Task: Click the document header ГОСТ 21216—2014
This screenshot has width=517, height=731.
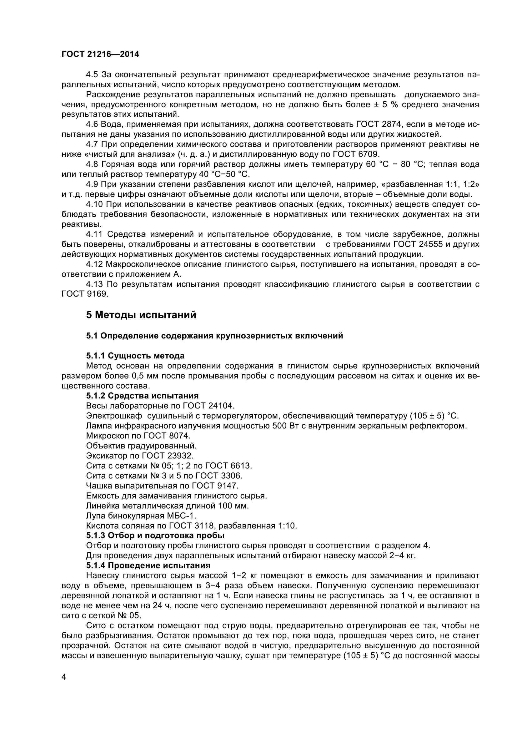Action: click(x=100, y=54)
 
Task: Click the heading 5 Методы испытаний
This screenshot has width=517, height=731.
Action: click(x=141, y=315)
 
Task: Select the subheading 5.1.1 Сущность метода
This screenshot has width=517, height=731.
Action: click(x=135, y=356)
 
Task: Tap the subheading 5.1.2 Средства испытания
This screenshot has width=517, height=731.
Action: click(x=142, y=396)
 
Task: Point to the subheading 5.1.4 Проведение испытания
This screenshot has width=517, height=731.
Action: click(x=148, y=565)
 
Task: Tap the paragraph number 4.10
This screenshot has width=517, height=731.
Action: click(x=94, y=204)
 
